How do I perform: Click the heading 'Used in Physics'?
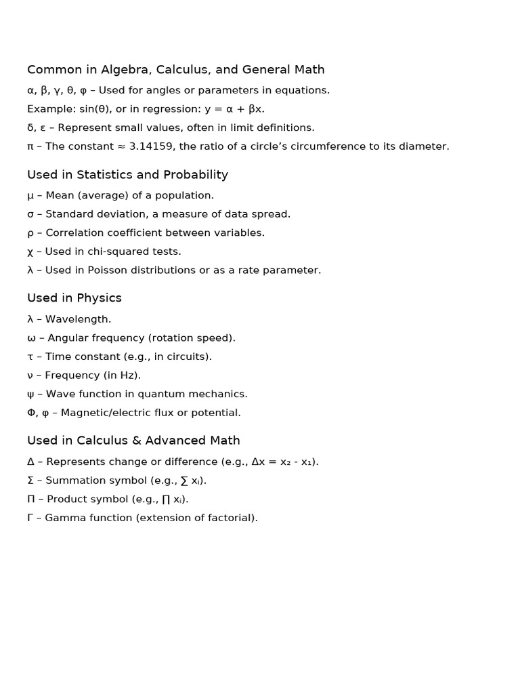[x=74, y=298]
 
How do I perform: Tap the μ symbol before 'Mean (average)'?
[x=30, y=196]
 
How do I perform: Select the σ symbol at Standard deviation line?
[x=30, y=214]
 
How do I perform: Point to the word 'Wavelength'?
[x=77, y=319]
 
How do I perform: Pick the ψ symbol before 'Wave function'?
[x=30, y=394]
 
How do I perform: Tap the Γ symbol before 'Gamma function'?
[x=30, y=518]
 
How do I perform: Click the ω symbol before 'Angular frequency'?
[x=31, y=338]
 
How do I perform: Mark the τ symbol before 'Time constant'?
[x=30, y=357]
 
